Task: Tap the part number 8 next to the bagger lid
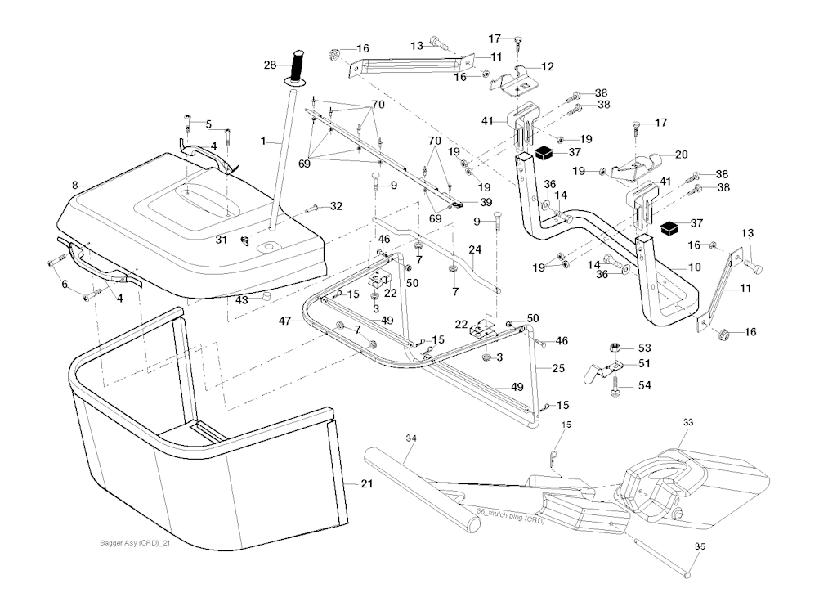[x=74, y=186]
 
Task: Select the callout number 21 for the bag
[x=367, y=484]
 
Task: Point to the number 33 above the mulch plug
[x=688, y=422]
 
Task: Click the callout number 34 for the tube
[x=411, y=439]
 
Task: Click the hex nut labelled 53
[x=615, y=349]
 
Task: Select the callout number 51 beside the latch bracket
[x=644, y=364]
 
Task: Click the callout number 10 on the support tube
[x=695, y=267]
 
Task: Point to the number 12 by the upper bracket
[x=547, y=65]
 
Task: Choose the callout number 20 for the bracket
[x=681, y=154]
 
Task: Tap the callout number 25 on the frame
[x=557, y=369]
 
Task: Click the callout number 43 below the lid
[x=241, y=300]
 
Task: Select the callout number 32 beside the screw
[x=335, y=206]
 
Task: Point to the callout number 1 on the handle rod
[x=264, y=142]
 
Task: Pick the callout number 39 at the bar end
[x=486, y=202]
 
